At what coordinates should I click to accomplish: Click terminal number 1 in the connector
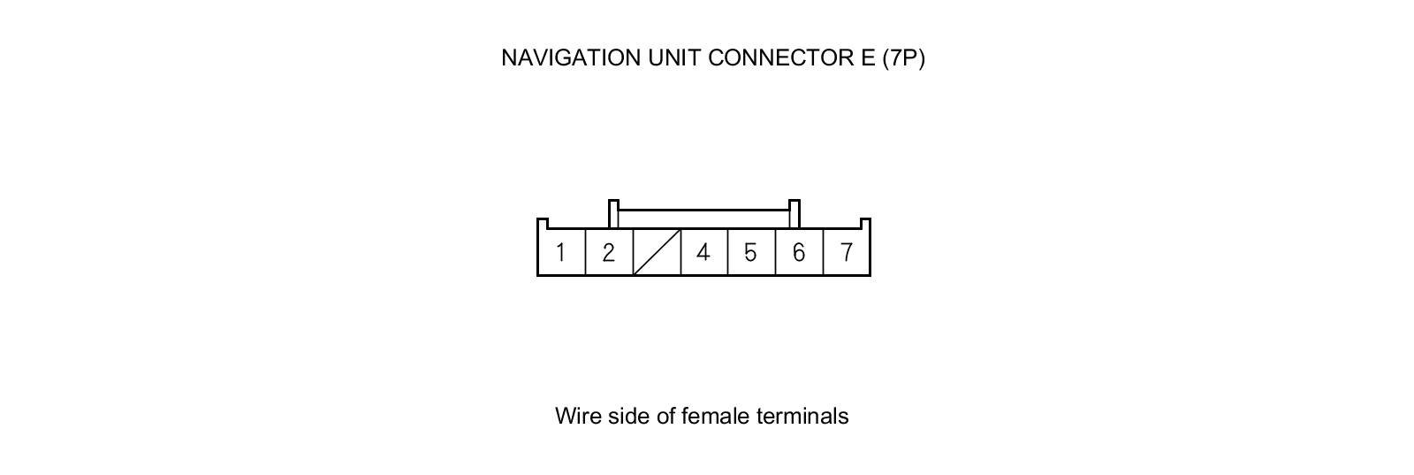pos(561,253)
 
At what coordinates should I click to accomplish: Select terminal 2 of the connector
pos(609,253)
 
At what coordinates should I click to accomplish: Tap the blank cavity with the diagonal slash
pos(657,253)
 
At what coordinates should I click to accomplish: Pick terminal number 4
pos(703,253)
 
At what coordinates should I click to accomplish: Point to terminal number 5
pos(751,253)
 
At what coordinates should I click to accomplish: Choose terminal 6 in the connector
pos(799,253)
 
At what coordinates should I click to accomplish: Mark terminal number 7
pos(847,253)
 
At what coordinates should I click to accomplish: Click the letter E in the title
pos(867,57)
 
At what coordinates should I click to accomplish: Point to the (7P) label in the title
pos(903,57)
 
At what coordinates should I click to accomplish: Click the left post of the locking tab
pos(613,214)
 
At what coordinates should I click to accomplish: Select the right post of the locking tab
pos(794,214)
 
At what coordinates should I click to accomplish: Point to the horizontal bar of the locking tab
pos(703,211)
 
